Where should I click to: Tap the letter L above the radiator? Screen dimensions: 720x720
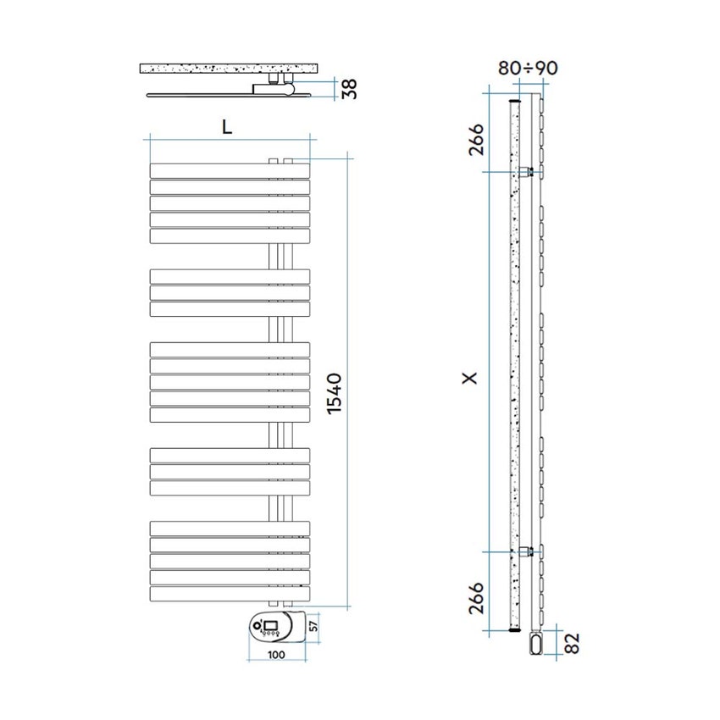pos(226,126)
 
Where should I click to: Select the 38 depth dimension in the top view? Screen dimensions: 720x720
pos(346,89)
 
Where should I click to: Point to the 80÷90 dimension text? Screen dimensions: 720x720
pos(528,69)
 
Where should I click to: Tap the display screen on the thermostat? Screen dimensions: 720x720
pos(271,624)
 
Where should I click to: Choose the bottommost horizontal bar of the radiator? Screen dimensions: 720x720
pos(229,594)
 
